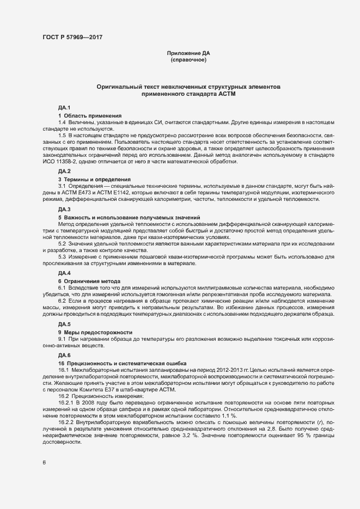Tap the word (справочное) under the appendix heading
(188, 59)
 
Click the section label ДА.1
(65, 108)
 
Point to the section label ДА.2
(65, 171)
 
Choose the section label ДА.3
(65, 209)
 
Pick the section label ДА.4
(65, 272)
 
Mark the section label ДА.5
(65, 324)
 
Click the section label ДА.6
(65, 354)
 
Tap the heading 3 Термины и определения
(94, 179)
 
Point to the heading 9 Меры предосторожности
(95, 332)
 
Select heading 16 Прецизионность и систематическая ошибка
(123, 362)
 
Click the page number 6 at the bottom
(44, 463)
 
